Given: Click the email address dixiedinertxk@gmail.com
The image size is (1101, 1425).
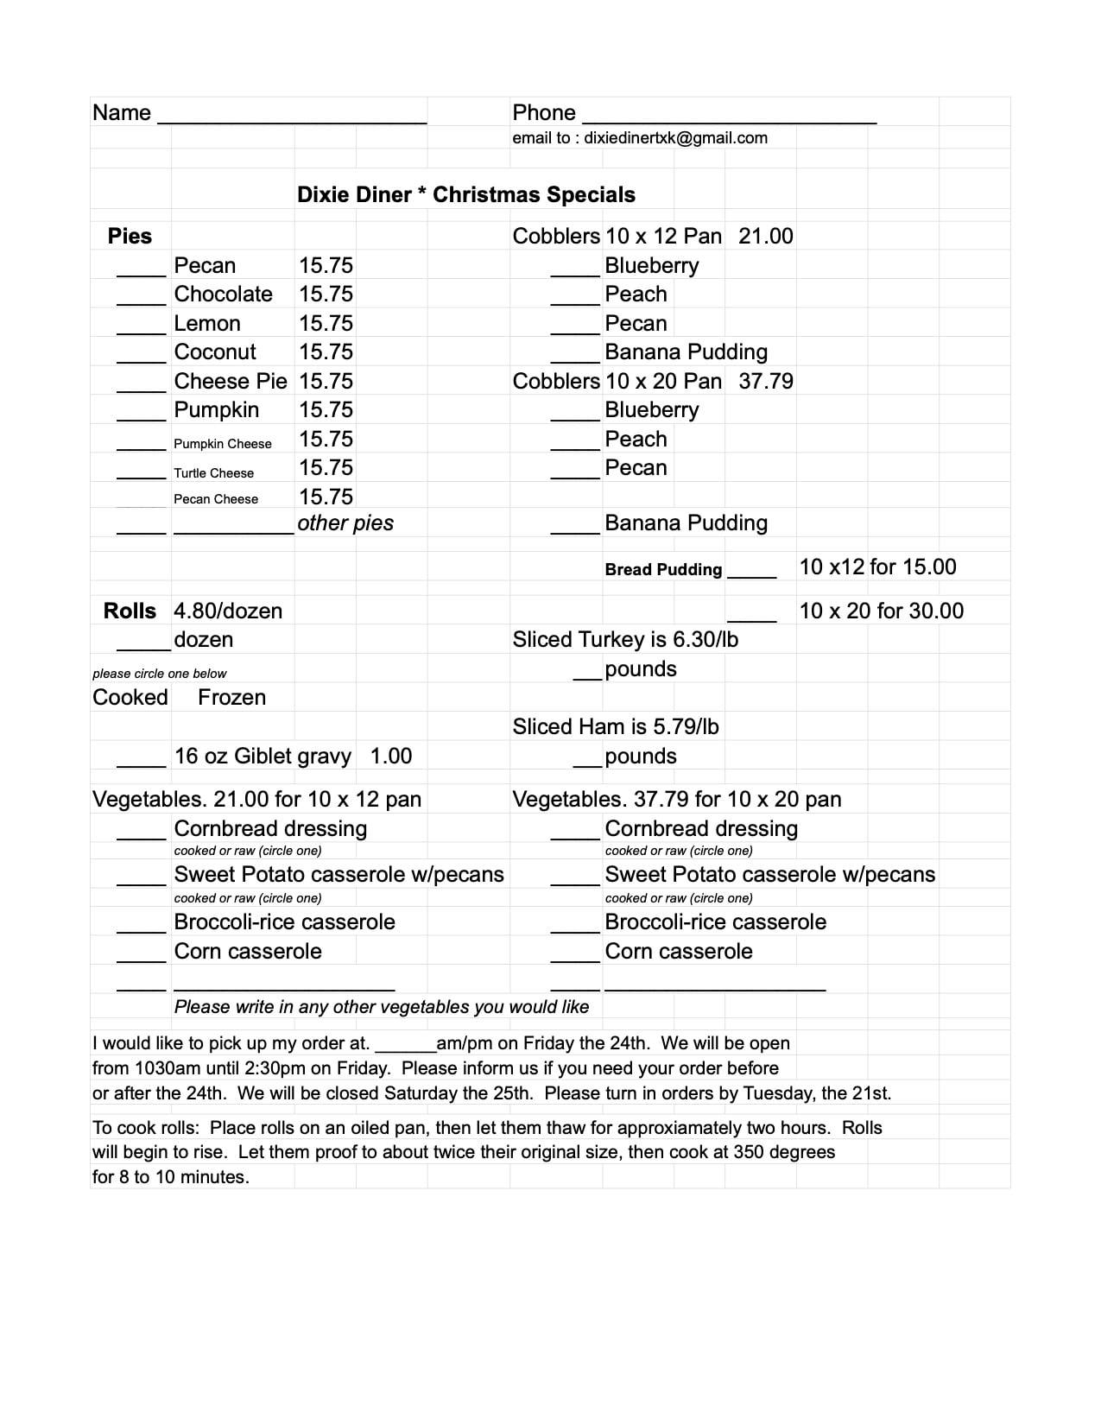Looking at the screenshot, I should (675, 138).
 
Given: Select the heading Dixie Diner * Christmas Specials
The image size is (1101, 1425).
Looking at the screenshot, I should (466, 194).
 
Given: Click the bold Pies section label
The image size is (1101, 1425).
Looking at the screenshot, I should (130, 237).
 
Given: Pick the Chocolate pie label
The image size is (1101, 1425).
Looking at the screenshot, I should (223, 294).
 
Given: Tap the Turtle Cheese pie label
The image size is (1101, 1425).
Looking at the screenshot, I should (213, 473).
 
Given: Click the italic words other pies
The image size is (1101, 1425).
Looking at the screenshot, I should (345, 523).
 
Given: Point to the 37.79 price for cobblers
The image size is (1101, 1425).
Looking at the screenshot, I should (766, 382).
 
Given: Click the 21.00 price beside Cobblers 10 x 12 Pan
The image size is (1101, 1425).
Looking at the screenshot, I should (766, 237).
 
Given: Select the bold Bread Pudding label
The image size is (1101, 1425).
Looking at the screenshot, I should (663, 570).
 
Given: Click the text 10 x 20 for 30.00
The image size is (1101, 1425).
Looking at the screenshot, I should (881, 611).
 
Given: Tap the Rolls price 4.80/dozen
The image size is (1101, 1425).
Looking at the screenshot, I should (228, 611).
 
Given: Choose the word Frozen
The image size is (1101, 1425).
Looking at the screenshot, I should (231, 698).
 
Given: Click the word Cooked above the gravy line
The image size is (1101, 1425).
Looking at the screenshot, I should (130, 698).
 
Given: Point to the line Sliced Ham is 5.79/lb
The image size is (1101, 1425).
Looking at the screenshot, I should (616, 727).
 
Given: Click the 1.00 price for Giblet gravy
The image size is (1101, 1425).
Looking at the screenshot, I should (391, 757).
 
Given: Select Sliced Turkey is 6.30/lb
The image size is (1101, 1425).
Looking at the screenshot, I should (625, 640).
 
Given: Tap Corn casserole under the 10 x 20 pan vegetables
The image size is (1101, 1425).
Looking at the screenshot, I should (679, 952).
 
